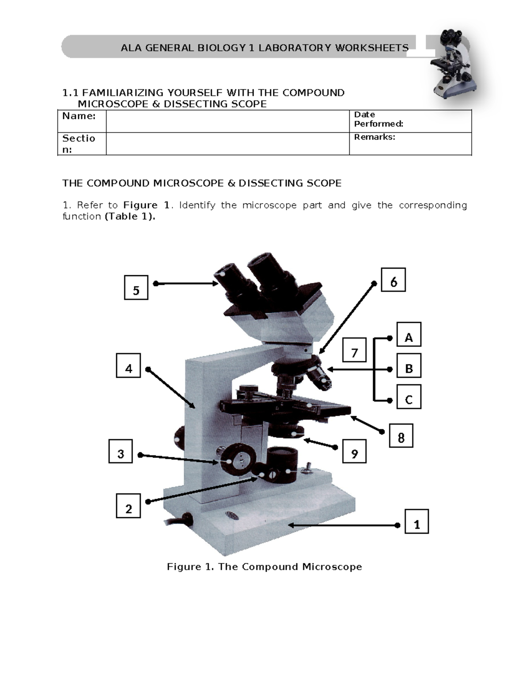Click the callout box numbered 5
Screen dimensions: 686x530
point(136,288)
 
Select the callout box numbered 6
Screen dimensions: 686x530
point(393,280)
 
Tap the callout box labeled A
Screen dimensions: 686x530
point(409,334)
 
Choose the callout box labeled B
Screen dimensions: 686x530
point(409,365)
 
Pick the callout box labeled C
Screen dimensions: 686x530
point(409,397)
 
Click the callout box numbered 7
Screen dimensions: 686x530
point(354,350)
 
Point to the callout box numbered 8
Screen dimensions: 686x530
point(401,436)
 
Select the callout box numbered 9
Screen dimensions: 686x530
point(354,451)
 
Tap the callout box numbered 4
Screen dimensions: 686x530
point(129,366)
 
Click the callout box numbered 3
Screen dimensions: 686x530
point(121,451)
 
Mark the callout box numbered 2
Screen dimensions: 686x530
point(129,506)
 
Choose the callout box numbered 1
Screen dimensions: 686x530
point(416,521)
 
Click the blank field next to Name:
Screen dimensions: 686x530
point(227,121)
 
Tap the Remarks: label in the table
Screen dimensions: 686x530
point(375,137)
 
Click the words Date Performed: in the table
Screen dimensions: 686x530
point(378,119)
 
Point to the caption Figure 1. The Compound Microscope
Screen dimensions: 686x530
point(264,567)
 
